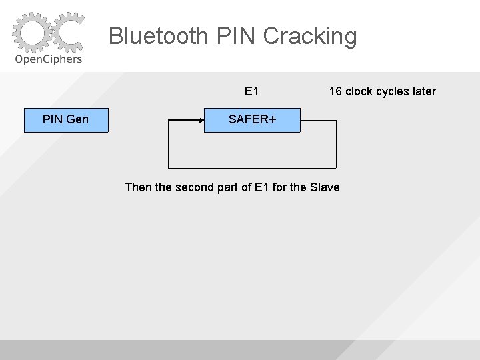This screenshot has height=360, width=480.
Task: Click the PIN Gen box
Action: (x=66, y=119)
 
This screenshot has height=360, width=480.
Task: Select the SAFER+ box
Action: (x=252, y=119)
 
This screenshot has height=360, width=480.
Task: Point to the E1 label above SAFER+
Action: (x=252, y=91)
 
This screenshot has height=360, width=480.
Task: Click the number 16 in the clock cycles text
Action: (x=335, y=91)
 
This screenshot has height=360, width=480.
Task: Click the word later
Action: (x=424, y=91)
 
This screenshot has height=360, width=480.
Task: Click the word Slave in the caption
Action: (x=325, y=187)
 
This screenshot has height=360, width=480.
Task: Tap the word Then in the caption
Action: (x=138, y=187)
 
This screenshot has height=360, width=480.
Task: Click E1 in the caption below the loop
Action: (x=262, y=187)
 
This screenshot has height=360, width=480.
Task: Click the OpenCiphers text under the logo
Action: (x=48, y=59)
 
